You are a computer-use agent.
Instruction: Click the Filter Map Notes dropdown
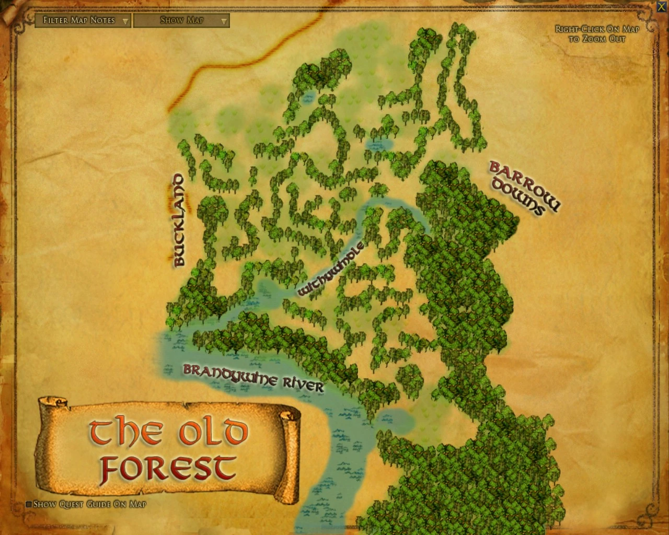(x=78, y=20)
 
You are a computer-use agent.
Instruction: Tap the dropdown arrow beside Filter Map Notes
(x=125, y=21)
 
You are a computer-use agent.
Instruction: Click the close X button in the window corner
(x=662, y=6)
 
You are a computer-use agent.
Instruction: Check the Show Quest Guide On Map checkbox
(x=29, y=505)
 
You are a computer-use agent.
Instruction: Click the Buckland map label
(x=179, y=220)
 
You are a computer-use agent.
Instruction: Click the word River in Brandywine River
(x=304, y=385)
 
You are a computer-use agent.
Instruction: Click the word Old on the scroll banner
(x=212, y=432)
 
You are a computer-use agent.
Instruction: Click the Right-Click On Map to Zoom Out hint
(x=597, y=34)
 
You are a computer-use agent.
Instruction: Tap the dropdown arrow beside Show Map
(x=224, y=21)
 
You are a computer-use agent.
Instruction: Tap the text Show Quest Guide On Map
(x=89, y=505)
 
